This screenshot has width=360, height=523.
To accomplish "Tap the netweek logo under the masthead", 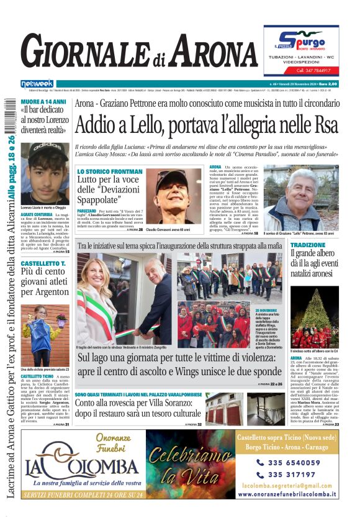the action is coord(37,84).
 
